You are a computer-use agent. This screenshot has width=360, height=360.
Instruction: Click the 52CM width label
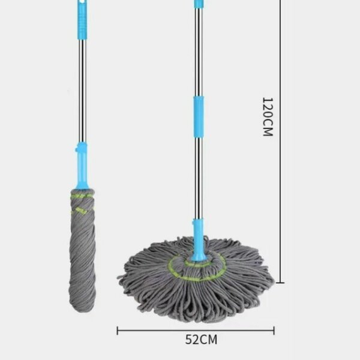point(201,340)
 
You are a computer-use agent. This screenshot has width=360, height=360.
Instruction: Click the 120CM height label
point(268,117)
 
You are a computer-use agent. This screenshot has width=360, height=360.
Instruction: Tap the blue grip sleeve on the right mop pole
point(199,117)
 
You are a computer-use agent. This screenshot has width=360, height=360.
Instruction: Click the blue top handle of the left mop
point(83,20)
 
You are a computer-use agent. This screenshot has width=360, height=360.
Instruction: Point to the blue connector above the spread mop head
point(197,240)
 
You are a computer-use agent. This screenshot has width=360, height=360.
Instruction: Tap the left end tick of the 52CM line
point(118,331)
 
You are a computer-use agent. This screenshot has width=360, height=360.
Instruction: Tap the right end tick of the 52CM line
point(274,331)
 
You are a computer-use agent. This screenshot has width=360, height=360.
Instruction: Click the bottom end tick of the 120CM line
point(280,283)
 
